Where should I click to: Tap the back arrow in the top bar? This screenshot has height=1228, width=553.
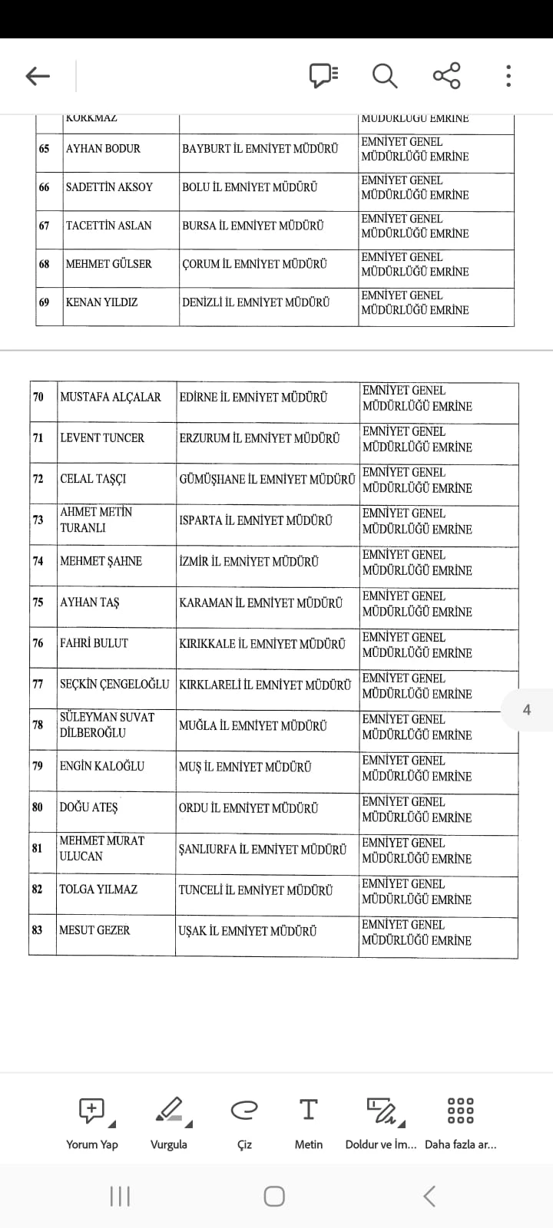38,76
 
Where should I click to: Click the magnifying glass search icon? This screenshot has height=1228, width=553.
384,76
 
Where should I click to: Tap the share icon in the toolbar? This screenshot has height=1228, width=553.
446,76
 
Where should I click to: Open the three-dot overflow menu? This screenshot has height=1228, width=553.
508,76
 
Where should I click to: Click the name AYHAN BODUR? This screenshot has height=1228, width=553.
103,149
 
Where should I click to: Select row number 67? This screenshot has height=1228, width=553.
45,226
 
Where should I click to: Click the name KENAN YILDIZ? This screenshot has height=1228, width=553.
101,302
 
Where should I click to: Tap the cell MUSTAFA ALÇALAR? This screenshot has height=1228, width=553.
111,398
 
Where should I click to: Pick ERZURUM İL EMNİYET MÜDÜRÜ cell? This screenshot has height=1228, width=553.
259,438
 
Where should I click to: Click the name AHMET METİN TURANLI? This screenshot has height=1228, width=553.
96,520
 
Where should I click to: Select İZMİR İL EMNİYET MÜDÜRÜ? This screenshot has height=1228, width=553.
249,562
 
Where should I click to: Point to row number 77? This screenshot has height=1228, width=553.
38,684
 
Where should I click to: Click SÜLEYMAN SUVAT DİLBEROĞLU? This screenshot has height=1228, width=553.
107,725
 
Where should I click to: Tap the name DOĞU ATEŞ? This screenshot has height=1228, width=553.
89,807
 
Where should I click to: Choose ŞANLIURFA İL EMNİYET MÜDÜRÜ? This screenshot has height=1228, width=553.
262,850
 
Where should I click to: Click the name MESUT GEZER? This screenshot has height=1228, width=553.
94,931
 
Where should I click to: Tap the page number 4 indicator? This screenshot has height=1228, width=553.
526,710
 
